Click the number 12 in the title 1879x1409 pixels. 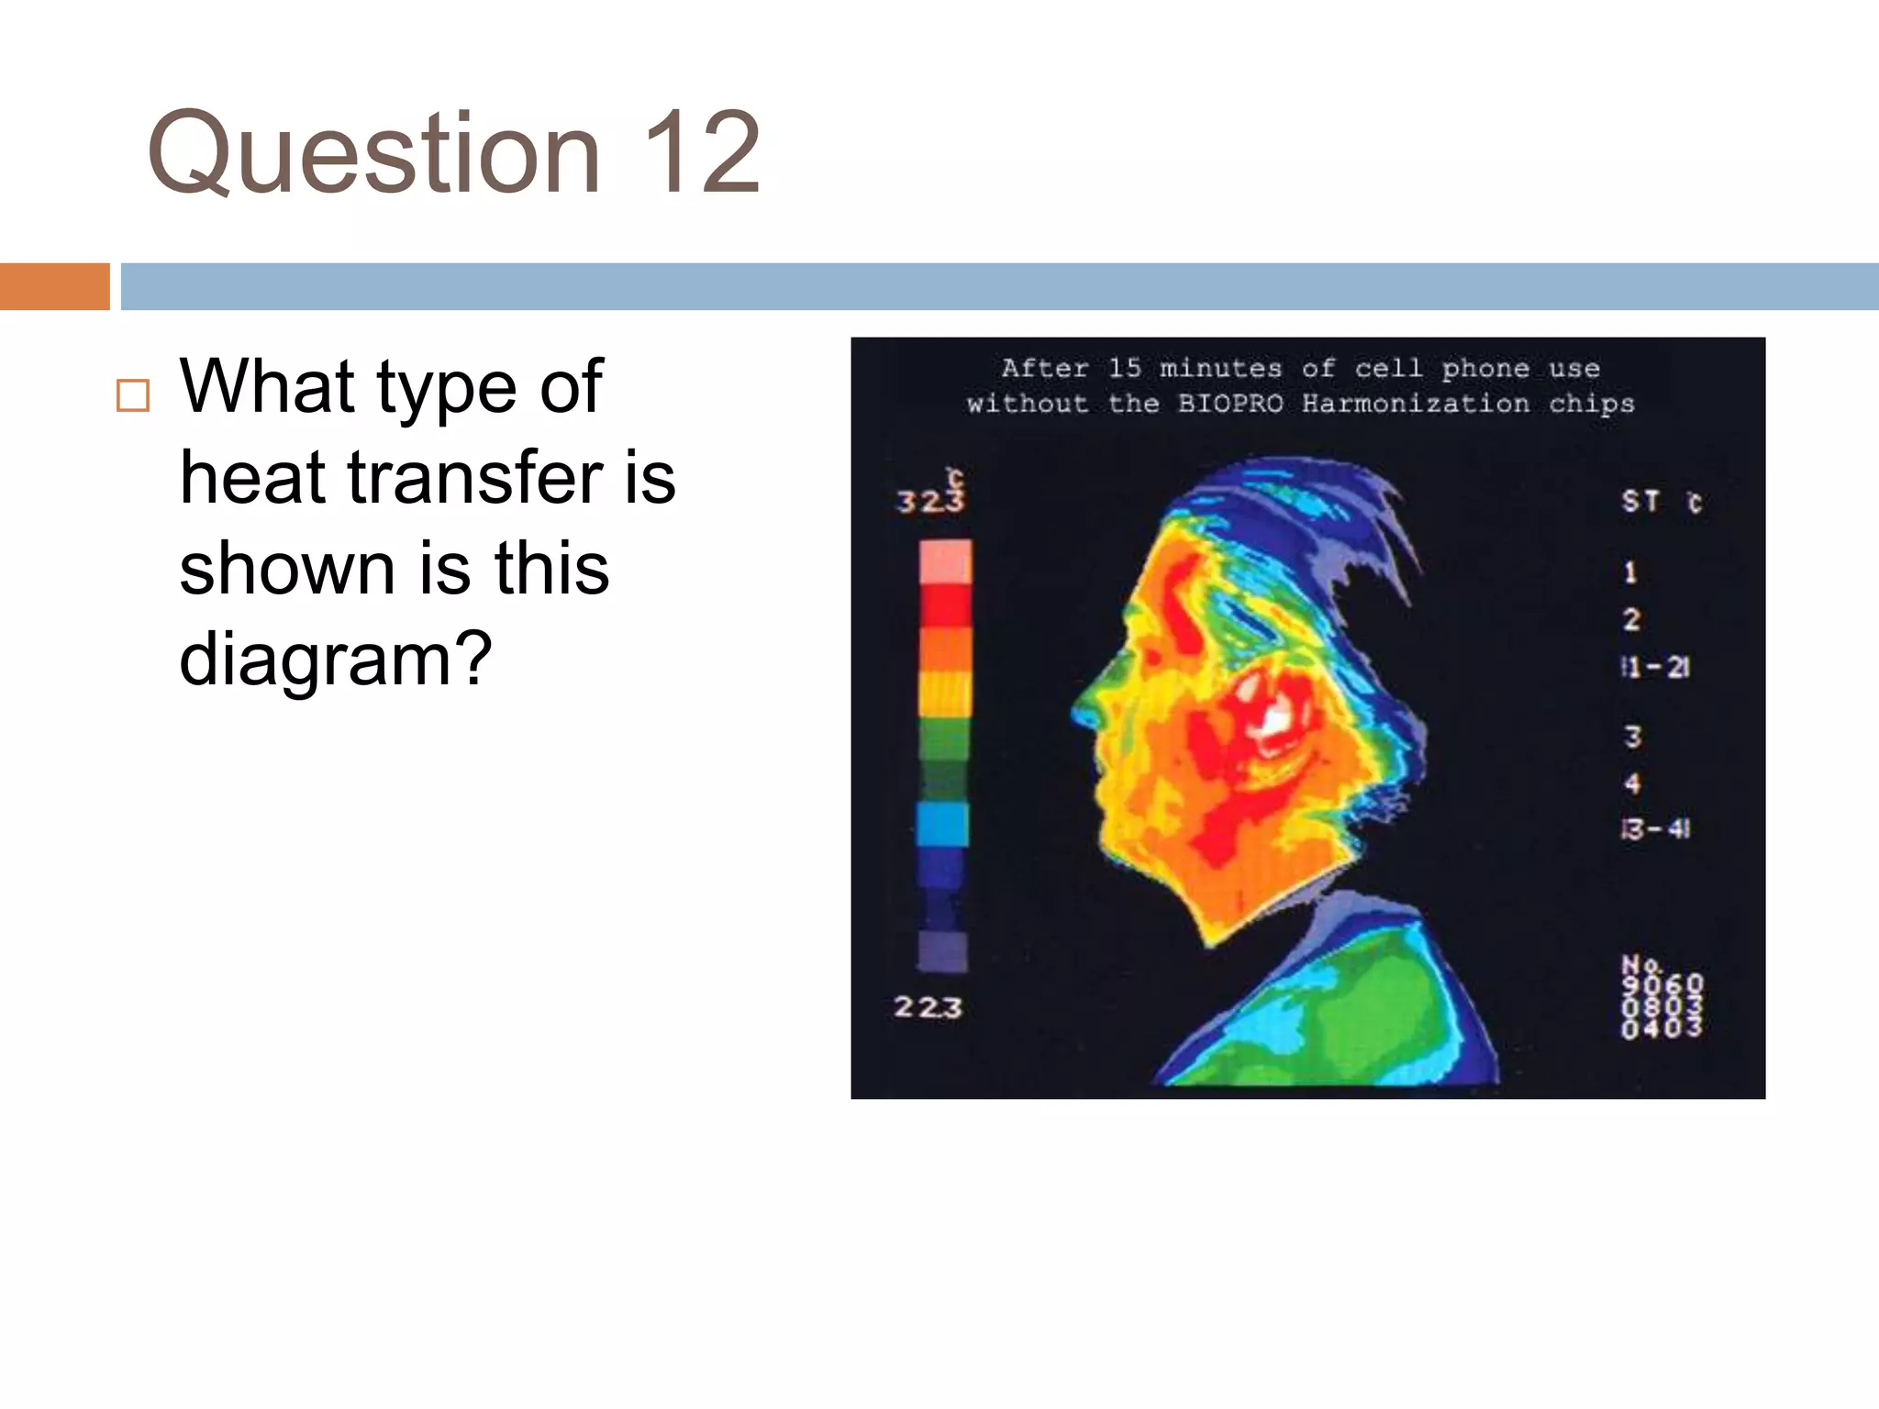(x=702, y=152)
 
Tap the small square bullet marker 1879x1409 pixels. (x=133, y=395)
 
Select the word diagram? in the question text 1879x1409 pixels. (x=336, y=658)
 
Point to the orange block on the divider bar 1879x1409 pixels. (x=54, y=286)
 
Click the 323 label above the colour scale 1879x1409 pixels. (x=930, y=500)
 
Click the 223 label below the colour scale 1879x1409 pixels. (x=928, y=1007)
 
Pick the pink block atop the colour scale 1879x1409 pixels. (x=945, y=561)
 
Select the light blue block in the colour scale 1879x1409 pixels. (x=942, y=823)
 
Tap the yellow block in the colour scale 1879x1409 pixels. (x=944, y=693)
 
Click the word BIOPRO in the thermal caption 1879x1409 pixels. (x=1230, y=404)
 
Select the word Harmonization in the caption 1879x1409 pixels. (x=1416, y=404)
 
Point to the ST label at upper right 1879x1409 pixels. (x=1640, y=501)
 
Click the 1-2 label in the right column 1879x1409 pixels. (x=1655, y=667)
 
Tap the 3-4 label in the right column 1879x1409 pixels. (x=1655, y=829)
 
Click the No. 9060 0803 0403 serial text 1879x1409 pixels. (x=1662, y=997)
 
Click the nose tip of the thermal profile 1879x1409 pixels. (x=1079, y=710)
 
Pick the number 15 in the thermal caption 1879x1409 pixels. (x=1124, y=368)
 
